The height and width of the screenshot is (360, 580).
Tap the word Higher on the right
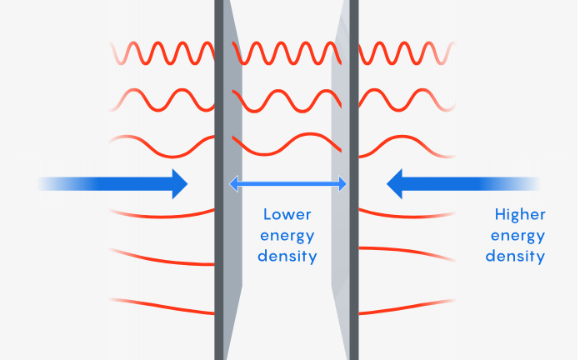[517, 213]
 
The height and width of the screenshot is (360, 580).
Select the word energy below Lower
[287, 234]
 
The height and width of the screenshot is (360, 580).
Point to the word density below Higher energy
[517, 256]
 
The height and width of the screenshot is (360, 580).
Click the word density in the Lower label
[287, 256]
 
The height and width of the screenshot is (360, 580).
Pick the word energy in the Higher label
[517, 235]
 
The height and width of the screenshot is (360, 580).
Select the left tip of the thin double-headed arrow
[233, 183]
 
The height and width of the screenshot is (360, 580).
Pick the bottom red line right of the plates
[408, 307]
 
